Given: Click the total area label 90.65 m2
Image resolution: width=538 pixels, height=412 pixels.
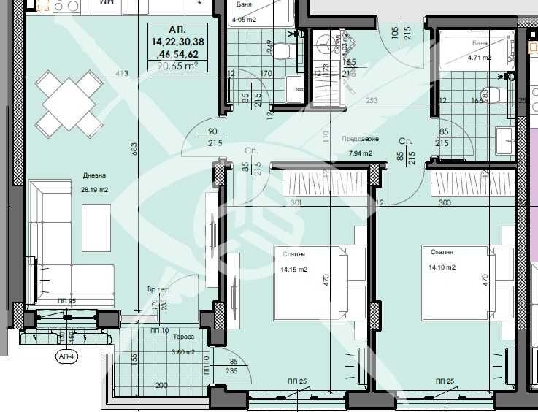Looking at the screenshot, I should (174, 66).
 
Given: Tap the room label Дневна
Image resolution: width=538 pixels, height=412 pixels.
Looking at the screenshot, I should (94, 176).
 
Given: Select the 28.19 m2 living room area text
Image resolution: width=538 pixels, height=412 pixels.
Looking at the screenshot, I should (95, 189).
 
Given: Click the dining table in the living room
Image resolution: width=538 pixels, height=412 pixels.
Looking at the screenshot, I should (70, 104).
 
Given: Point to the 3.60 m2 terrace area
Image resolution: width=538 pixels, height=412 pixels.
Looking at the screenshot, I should (182, 351).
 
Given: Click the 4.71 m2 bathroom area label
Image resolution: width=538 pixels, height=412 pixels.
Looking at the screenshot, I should (479, 57).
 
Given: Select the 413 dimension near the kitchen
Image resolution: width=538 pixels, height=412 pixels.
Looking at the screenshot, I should (121, 73).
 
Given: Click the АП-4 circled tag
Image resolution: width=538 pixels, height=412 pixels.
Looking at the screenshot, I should (67, 356).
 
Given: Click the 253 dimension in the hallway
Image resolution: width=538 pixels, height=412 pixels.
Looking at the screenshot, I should (372, 101).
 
